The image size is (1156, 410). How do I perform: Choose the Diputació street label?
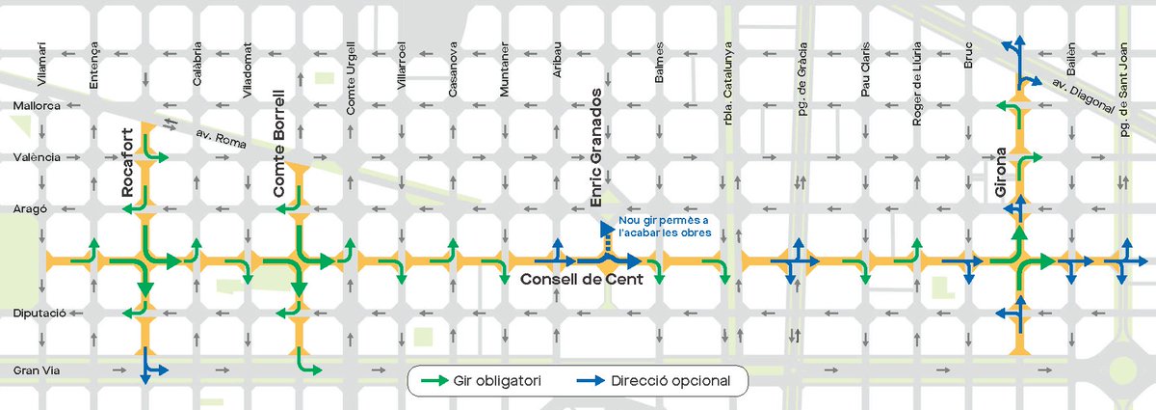[x=37, y=314]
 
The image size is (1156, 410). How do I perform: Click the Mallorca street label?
[x=37, y=104]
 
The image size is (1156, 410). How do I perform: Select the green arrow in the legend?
[x=436, y=381]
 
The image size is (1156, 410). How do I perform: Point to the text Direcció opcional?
[x=664, y=381]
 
